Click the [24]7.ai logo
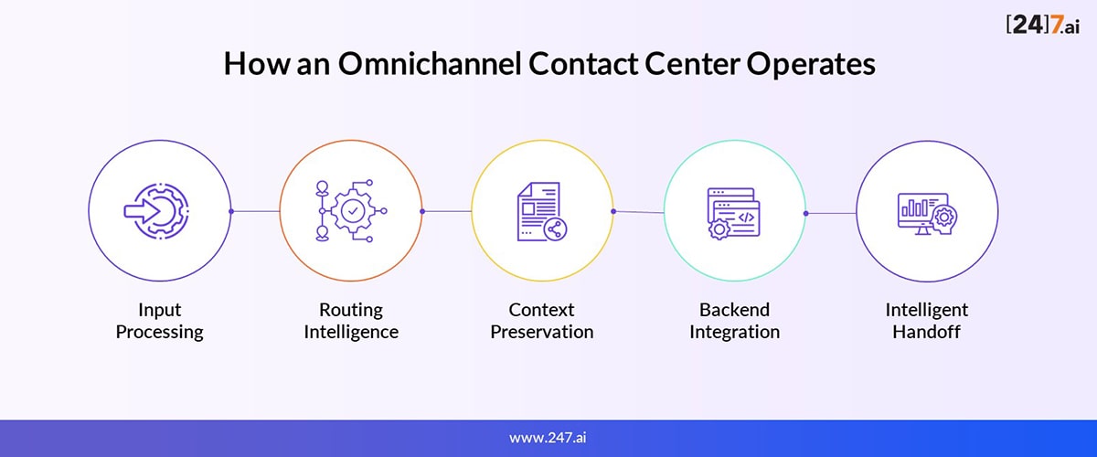[1043, 25]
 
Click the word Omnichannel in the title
[430, 64]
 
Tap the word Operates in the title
[811, 65]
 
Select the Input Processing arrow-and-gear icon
[156, 211]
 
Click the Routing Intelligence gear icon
[352, 210]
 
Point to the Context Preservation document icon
[542, 212]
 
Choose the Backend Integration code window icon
[733, 213]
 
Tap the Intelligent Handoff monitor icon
[927, 214]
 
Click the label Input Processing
[160, 321]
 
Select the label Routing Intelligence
[351, 321]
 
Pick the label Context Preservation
[541, 321]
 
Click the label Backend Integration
[735, 321]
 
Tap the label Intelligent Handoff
[927, 321]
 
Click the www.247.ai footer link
[548, 438]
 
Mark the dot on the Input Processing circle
[231, 211]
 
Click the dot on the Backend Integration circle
[806, 213]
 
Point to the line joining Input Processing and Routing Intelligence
[256, 211]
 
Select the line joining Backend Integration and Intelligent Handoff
[831, 213]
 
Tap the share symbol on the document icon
[555, 228]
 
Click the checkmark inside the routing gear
[353, 211]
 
